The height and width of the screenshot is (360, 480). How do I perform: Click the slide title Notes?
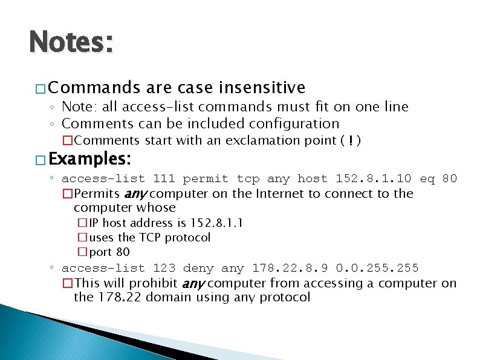(71, 44)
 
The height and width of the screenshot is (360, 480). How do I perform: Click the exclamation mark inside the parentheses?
(351, 141)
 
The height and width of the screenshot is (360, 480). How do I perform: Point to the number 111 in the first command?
(164, 178)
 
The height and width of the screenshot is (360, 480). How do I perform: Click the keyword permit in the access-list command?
(206, 178)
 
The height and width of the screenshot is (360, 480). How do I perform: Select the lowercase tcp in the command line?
(247, 178)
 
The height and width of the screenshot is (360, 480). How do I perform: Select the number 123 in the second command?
(164, 268)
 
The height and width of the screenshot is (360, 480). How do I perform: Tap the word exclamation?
(255, 141)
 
